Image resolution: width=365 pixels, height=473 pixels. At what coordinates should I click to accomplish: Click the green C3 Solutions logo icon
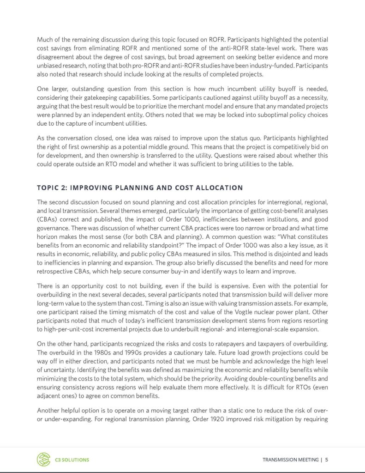[x=43, y=459]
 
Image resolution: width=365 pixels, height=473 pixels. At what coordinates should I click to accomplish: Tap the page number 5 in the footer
[x=327, y=460]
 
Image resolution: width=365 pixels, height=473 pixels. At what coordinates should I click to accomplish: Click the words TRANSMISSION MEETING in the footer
[x=290, y=460]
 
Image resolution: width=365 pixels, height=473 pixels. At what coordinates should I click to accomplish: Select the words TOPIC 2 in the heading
[x=50, y=188]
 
